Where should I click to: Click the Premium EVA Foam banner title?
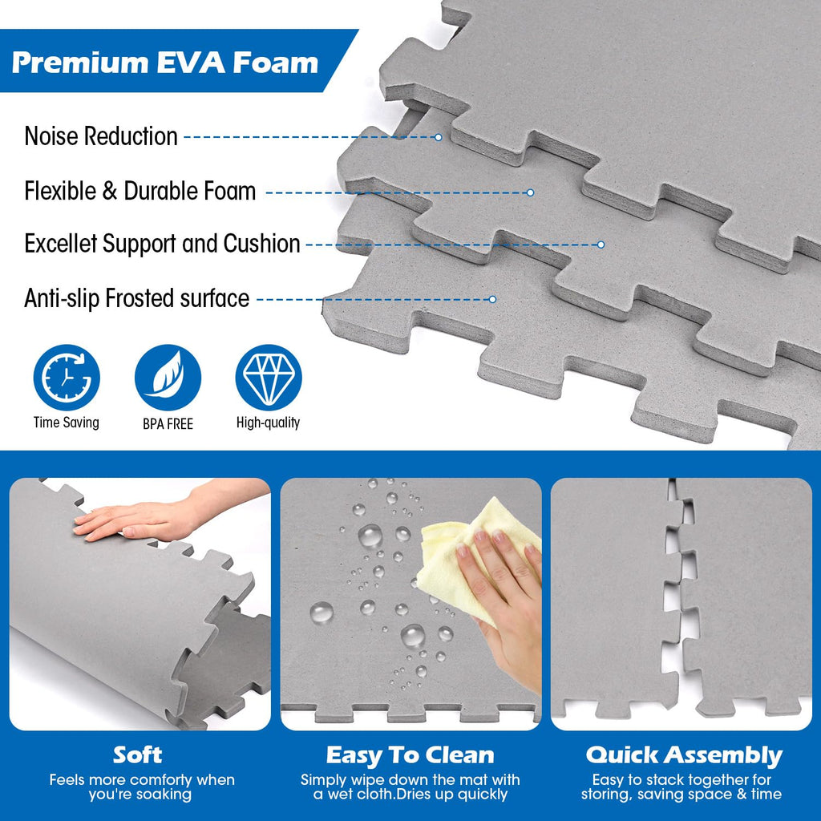[165, 63]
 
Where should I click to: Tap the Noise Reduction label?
[101, 136]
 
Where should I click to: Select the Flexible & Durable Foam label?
[140, 191]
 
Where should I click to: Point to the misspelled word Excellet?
[61, 244]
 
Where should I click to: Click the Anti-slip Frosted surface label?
[136, 298]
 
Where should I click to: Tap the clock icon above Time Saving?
[67, 377]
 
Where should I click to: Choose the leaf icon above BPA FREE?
[168, 377]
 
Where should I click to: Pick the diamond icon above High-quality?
[269, 377]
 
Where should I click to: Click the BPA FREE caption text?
[168, 423]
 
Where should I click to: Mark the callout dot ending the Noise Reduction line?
[439, 137]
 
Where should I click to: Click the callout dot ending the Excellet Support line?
[601, 245]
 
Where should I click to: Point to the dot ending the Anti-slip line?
[492, 299]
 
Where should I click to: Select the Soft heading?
[138, 754]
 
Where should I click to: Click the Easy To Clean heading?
[410, 755]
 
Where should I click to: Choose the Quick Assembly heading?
[684, 755]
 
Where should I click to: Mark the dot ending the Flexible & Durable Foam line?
[530, 192]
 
